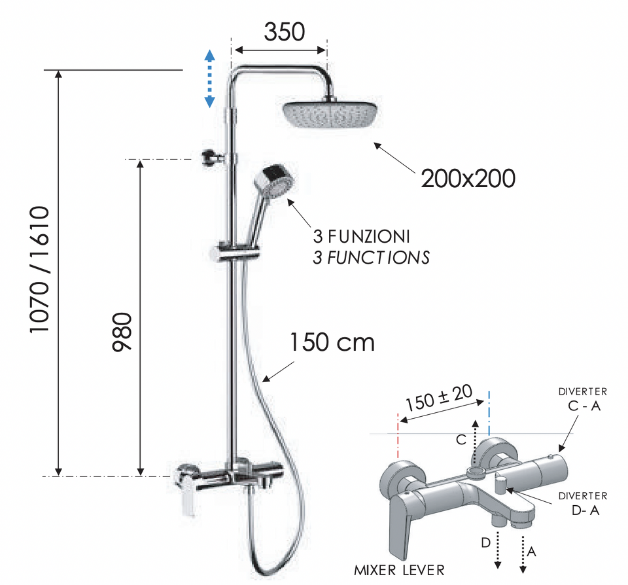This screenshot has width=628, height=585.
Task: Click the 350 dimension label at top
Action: coord(285,32)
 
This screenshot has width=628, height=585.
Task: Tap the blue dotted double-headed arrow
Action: coord(209,79)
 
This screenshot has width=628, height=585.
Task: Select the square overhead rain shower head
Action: coord(331,114)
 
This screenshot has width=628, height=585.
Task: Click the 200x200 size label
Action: coord(468,179)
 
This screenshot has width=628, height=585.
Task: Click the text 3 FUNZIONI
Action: coord(361,236)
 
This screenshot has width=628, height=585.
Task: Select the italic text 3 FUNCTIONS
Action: coord(372,258)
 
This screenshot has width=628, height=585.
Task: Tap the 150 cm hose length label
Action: coord(332,342)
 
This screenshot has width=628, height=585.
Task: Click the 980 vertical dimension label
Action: coord(122,332)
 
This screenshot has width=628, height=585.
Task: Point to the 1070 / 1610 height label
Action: coord(39,269)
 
